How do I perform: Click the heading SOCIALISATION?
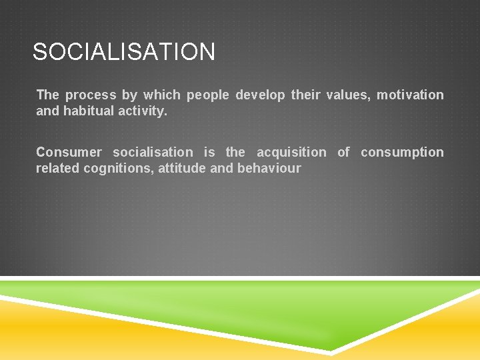(x=124, y=52)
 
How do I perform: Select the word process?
(x=91, y=95)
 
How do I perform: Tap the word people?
(x=208, y=95)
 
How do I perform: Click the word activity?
(x=143, y=111)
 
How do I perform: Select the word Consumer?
(x=69, y=153)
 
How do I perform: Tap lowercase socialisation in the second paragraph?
(x=153, y=153)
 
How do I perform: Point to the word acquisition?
(x=291, y=153)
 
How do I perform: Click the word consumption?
(x=402, y=153)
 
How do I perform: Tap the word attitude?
(x=182, y=169)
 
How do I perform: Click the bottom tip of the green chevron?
(x=331, y=349)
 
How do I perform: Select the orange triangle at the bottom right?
(x=440, y=333)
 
